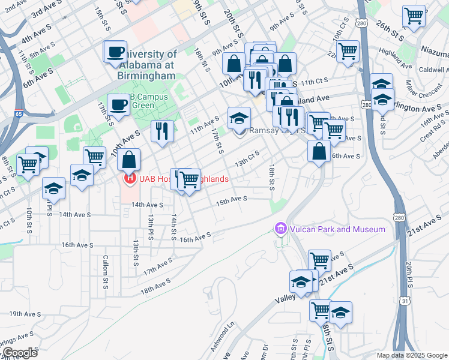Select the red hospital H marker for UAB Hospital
pos(128,178)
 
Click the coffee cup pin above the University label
pos(115,52)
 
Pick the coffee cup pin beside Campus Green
pos(118,105)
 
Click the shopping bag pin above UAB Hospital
pos(129,160)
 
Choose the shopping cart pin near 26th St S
pos(414,16)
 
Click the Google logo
pos(19,352)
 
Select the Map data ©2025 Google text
pos(411,355)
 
